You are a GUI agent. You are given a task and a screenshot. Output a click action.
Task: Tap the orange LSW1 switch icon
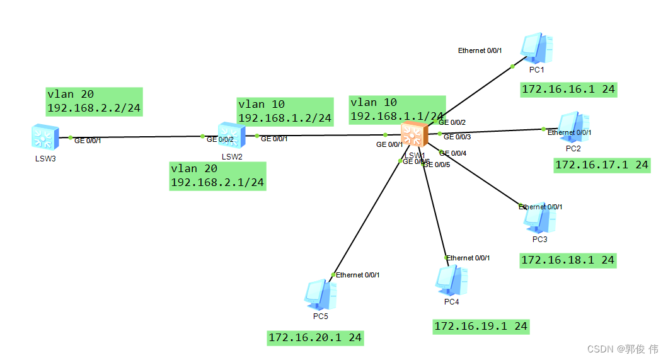coord(414,135)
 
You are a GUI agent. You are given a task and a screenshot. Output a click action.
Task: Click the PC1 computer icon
coord(537,49)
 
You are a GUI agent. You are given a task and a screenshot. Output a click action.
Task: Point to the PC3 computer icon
coord(539,219)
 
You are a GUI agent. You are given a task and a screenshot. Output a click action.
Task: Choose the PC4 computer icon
coord(452,281)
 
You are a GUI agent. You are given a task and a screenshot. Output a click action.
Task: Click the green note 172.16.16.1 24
coord(568,90)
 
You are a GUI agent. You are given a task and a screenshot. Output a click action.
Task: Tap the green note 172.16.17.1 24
coord(601,165)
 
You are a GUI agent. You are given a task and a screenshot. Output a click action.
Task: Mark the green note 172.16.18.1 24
coord(567,260)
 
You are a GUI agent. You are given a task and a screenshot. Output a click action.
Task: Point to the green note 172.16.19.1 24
coord(480,326)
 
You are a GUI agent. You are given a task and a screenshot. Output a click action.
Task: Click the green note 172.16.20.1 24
coord(315,338)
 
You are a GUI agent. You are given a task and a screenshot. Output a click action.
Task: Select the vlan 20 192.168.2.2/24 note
coord(93,102)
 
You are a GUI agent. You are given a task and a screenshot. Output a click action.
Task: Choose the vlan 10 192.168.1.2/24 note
coord(285,112)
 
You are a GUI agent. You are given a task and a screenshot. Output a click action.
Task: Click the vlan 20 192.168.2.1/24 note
coord(217,176)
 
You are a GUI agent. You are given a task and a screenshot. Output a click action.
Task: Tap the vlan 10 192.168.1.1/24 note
coord(397,110)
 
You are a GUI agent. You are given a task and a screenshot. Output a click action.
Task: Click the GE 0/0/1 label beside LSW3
coord(88,141)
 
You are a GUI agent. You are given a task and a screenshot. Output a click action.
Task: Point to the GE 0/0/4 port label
coord(452,153)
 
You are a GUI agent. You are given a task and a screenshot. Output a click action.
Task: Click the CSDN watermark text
coord(623,349)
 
